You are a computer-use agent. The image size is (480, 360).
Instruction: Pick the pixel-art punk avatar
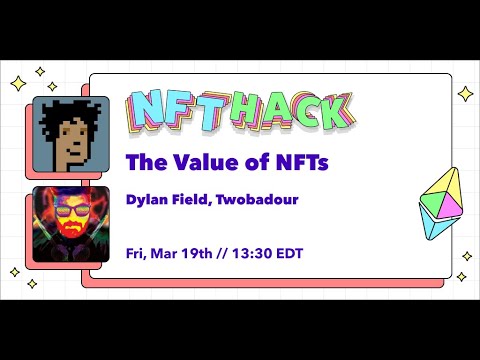click(x=71, y=134)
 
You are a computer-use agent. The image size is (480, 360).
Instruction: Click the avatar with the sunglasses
click(x=71, y=222)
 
